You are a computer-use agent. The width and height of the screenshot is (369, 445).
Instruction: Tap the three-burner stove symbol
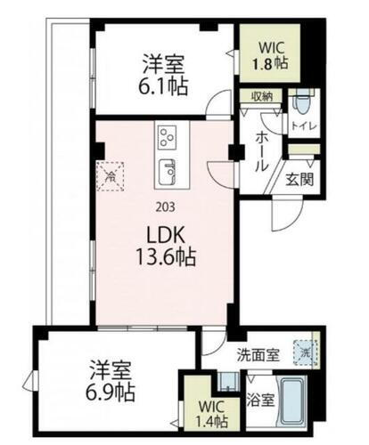point(167,137)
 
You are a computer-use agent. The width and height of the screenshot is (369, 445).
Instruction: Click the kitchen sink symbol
point(167,170)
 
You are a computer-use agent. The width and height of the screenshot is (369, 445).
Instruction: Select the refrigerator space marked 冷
point(111,177)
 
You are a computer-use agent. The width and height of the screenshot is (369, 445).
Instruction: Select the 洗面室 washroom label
point(258,354)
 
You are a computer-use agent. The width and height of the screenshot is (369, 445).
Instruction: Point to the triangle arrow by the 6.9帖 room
point(30,384)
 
